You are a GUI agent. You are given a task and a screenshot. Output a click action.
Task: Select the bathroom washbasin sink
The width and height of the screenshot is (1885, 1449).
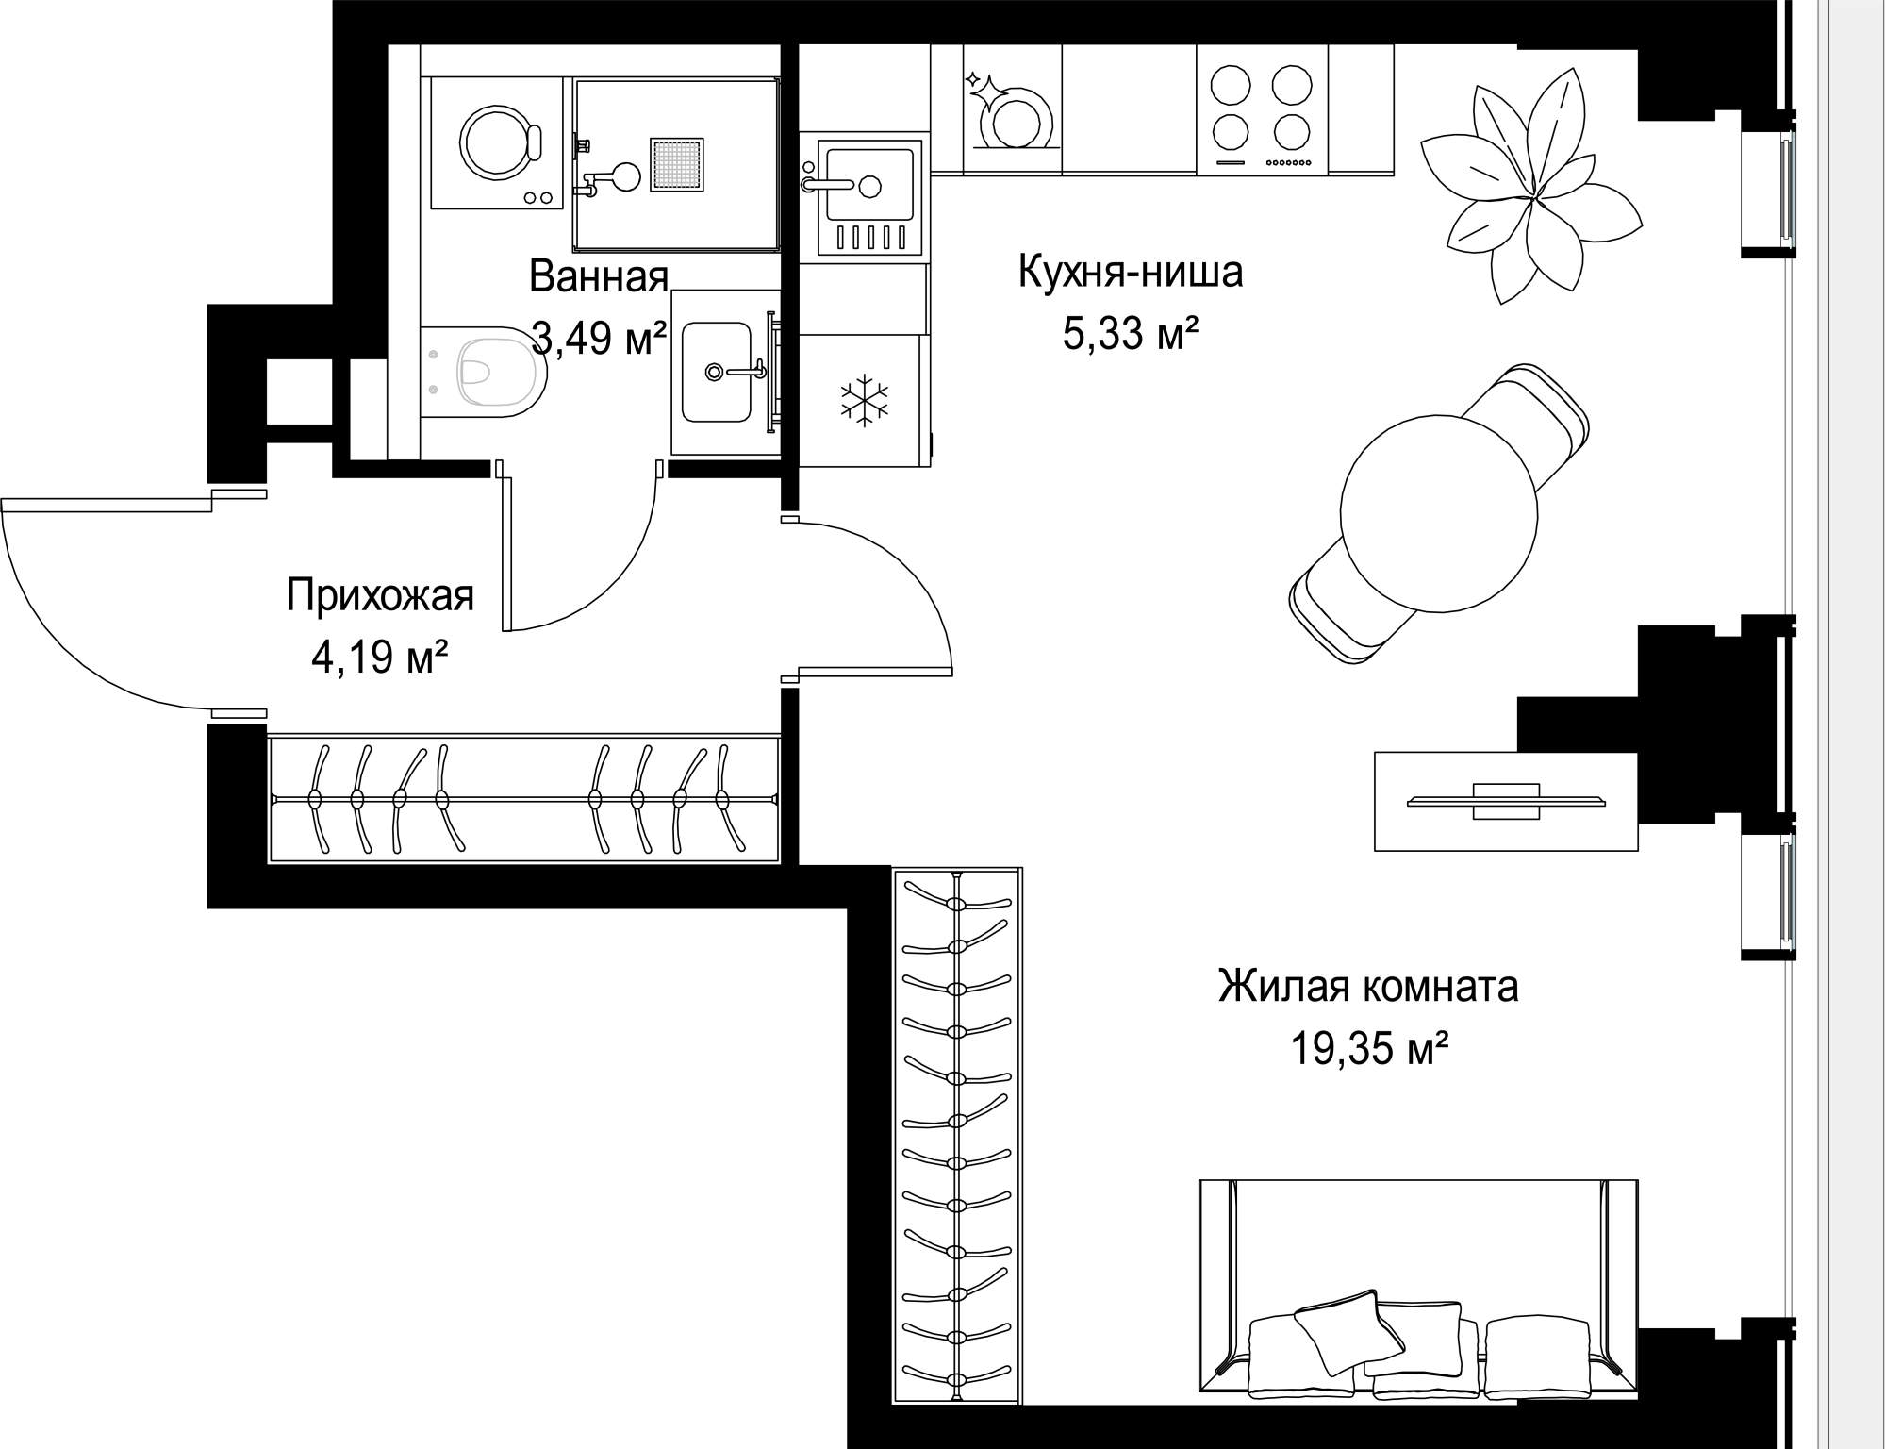[x=717, y=372]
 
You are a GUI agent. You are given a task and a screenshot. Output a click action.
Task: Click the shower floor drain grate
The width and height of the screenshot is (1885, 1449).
[x=677, y=164]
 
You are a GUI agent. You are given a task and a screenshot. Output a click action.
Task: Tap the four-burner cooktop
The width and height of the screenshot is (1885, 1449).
[x=1263, y=108]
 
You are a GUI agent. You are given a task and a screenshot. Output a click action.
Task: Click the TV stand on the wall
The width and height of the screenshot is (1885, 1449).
[x=1506, y=801]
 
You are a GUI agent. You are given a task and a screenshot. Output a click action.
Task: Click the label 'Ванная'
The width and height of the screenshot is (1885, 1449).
[x=599, y=276]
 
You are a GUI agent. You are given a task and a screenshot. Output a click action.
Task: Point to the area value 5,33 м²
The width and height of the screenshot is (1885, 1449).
[x=1131, y=333]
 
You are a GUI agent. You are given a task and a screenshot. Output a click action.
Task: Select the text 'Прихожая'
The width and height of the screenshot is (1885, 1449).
[x=380, y=596]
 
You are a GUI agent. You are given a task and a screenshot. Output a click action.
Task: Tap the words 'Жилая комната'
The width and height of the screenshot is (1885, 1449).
[x=1368, y=987]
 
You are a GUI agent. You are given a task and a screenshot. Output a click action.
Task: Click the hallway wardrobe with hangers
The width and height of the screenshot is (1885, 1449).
[x=523, y=799]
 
